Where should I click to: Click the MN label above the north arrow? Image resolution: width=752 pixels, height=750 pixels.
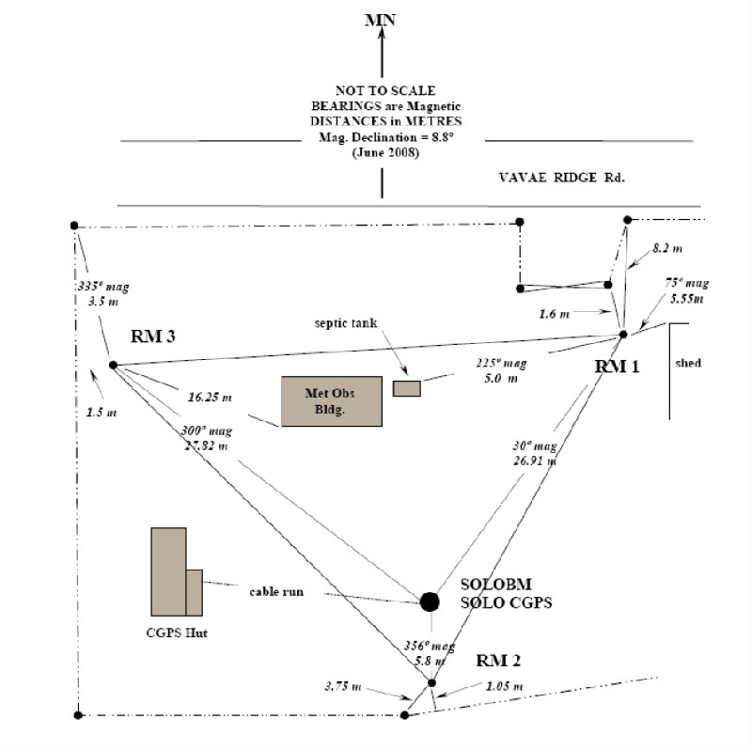[x=381, y=19]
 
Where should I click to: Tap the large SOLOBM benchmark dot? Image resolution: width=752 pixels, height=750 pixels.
[x=430, y=601]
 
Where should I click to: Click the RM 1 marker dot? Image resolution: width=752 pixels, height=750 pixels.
[x=622, y=335]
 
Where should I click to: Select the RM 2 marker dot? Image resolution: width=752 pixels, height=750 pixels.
[x=431, y=682]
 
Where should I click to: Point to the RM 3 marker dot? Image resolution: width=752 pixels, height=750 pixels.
[x=112, y=365]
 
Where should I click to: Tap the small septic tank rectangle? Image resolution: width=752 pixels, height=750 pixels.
[x=406, y=388]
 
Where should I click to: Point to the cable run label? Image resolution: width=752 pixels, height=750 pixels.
[x=276, y=592]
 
